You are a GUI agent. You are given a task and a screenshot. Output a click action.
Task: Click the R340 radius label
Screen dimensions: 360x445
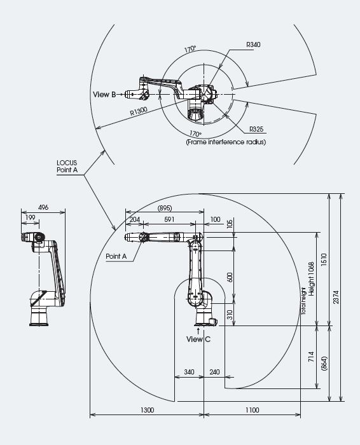point(253,44)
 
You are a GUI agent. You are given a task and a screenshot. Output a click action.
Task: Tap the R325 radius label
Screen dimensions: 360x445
point(256,129)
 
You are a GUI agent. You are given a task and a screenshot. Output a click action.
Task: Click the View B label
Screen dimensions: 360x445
point(104,95)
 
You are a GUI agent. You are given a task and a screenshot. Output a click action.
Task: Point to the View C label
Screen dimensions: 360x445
point(198,339)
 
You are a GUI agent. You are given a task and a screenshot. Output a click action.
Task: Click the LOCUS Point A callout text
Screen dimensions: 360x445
point(67,167)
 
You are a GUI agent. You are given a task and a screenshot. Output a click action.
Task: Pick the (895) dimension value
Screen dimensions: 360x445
point(165,208)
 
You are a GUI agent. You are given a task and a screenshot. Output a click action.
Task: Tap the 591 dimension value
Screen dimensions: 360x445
point(169,219)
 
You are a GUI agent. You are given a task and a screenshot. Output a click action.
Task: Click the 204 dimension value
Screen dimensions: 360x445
point(135,219)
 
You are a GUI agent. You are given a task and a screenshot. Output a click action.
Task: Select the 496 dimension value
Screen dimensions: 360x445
point(43,207)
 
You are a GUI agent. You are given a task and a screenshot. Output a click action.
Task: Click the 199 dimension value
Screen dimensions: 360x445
point(31,217)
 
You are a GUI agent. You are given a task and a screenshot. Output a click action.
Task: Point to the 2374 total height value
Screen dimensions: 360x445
point(336,297)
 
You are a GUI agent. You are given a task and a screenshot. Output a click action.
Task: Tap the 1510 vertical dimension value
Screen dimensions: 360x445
point(324,259)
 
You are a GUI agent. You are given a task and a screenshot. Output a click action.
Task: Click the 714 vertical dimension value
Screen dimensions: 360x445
point(312,357)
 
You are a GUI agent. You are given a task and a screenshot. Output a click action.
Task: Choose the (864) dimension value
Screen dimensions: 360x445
point(324,363)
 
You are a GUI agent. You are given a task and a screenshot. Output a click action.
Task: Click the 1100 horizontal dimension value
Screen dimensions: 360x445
point(252,410)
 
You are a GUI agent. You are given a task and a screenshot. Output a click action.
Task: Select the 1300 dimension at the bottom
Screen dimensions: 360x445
point(148,410)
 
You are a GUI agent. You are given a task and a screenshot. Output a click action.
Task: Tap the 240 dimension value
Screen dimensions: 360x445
point(214,372)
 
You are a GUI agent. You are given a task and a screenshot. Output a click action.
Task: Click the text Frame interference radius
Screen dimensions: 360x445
point(226,142)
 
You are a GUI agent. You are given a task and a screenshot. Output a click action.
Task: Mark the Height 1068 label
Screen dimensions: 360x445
point(312,279)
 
